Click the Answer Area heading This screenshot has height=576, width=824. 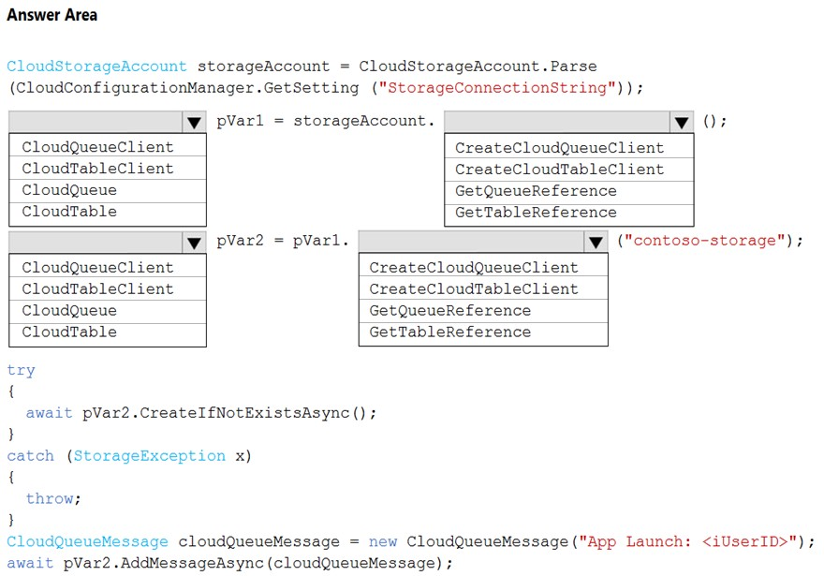pyautogui.click(x=52, y=15)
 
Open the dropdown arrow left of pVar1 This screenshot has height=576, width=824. pyautogui.click(x=194, y=123)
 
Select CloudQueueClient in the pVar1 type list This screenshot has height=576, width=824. pyautogui.click(x=97, y=147)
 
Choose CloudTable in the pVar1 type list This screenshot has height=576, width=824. pyautogui.click(x=69, y=212)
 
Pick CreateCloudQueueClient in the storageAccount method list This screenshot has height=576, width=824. pyautogui.click(x=560, y=148)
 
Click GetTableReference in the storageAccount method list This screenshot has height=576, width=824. pyautogui.click(x=536, y=213)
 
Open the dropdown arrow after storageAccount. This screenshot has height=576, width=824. pyautogui.click(x=682, y=123)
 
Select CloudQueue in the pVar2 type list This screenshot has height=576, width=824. pyautogui.click(x=69, y=311)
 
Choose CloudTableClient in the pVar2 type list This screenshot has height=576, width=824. pyautogui.click(x=97, y=288)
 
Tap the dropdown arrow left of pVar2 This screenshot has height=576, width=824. pyautogui.click(x=194, y=243)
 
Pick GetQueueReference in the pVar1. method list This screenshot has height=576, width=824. pyautogui.click(x=450, y=311)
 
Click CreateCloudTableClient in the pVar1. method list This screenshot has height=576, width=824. pyautogui.click(x=474, y=288)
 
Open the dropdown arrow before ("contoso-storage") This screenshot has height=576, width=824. pyautogui.click(x=596, y=243)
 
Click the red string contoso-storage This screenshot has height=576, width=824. pyautogui.click(x=705, y=240)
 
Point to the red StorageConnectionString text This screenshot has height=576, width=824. pyautogui.click(x=496, y=87)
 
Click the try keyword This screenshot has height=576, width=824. pyautogui.click(x=21, y=371)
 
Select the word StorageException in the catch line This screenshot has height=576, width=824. pyautogui.click(x=149, y=456)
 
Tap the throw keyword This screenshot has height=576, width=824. pyautogui.click(x=50, y=498)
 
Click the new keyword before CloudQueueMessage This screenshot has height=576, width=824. pyautogui.click(x=383, y=541)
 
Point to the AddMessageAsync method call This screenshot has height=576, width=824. pyautogui.click(x=192, y=563)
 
